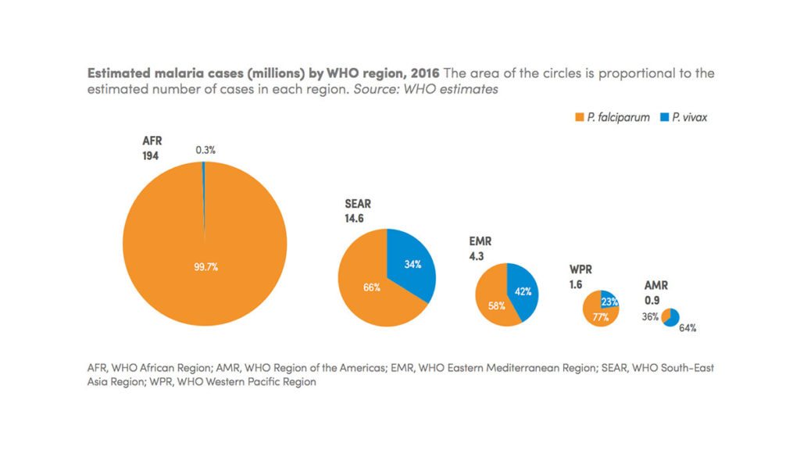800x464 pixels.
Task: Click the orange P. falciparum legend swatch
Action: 579,118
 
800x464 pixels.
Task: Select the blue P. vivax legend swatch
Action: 664,118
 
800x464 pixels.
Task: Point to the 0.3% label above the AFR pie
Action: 206,149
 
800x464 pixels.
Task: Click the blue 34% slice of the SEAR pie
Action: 409,265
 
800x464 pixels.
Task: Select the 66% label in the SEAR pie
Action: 371,287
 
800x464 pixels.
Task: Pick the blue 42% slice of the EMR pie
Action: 522,292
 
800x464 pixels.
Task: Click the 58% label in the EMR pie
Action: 496,305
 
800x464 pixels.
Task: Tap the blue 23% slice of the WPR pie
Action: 609,300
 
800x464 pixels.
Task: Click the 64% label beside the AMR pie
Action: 687,328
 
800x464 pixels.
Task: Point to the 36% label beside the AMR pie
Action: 648,317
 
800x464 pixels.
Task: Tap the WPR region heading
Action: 581,270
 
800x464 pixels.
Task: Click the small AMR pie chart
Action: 670,317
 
